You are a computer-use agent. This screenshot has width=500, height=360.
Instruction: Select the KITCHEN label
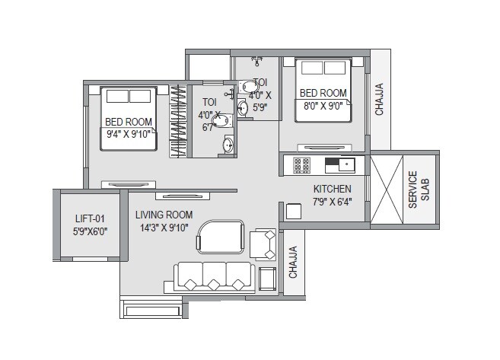(332, 189)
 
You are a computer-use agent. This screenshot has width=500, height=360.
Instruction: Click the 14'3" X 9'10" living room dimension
(164, 228)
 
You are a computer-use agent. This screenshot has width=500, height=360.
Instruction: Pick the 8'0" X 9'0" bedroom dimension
(323, 106)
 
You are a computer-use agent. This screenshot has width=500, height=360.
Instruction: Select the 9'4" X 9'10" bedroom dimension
(128, 134)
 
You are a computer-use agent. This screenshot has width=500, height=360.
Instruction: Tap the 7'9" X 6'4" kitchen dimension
(332, 202)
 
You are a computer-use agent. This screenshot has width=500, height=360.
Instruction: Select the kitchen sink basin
(347, 163)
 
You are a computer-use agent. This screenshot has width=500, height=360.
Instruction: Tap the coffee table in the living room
(218, 237)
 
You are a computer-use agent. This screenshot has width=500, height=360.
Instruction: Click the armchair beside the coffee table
(265, 243)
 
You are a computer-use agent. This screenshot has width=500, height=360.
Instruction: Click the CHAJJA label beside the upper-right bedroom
(379, 100)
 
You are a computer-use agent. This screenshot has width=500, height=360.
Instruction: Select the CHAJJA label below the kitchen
(292, 262)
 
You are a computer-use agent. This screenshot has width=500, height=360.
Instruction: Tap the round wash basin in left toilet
(227, 145)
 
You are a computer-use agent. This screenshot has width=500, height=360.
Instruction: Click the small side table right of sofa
(268, 279)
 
